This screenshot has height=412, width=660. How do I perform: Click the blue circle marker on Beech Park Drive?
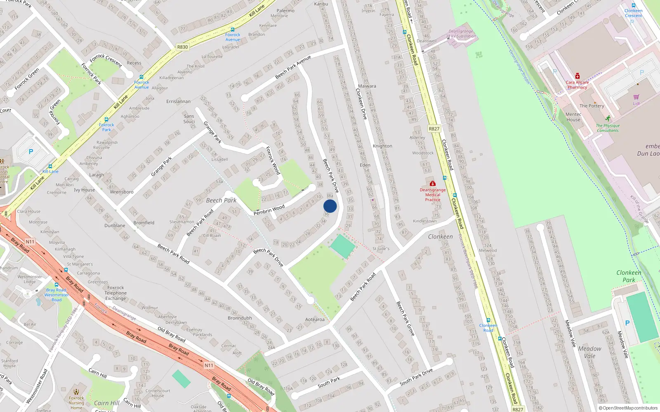[330, 206]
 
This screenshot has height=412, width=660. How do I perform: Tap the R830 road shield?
[182, 47]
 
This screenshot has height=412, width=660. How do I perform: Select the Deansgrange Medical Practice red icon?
[432, 183]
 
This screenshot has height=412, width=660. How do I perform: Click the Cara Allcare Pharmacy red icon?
[577, 76]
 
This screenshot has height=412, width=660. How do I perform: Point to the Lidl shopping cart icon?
[636, 97]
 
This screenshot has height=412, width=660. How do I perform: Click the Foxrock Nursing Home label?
[76, 400]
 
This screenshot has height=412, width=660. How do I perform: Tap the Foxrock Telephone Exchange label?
[115, 293]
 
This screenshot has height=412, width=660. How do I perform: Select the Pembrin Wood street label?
[269, 210]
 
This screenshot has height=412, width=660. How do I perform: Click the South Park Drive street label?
[416, 377]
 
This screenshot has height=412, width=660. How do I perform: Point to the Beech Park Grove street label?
[405, 318]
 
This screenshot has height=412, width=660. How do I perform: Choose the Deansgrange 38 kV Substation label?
[461, 34]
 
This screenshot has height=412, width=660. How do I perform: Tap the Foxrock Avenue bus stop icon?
[141, 77]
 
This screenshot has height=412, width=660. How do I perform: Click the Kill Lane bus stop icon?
[50, 166]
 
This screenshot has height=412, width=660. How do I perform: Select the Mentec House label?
[573, 117]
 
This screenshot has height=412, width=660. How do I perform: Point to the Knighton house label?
[382, 146]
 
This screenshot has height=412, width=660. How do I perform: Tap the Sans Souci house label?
[189, 119]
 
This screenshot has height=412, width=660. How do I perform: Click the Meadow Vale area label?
[589, 352]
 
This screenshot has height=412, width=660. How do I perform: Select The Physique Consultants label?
[608, 128]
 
